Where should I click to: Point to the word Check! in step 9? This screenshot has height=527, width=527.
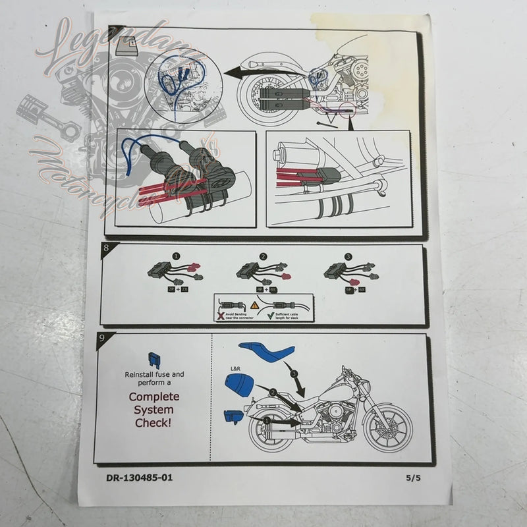153,423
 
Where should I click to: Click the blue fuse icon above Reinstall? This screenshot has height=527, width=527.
154,358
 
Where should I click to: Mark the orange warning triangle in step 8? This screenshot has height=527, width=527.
254,305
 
